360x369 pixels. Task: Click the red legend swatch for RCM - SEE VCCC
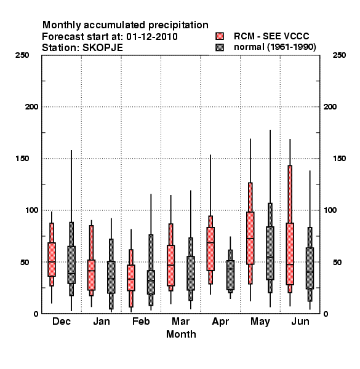[x=220, y=36]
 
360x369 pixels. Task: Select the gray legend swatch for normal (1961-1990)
[x=220, y=47]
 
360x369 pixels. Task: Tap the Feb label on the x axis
[x=141, y=321]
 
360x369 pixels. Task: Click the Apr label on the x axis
[x=220, y=322]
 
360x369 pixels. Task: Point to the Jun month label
[x=300, y=321]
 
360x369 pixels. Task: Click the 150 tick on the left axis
[x=22, y=159]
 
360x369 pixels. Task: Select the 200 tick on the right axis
[x=330, y=106]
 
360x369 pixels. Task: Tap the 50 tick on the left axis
[x=25, y=262]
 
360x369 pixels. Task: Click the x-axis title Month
[x=181, y=334]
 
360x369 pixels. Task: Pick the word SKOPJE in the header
[x=102, y=48]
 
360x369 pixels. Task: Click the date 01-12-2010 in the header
[x=152, y=37]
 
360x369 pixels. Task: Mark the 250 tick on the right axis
[x=339, y=55]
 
